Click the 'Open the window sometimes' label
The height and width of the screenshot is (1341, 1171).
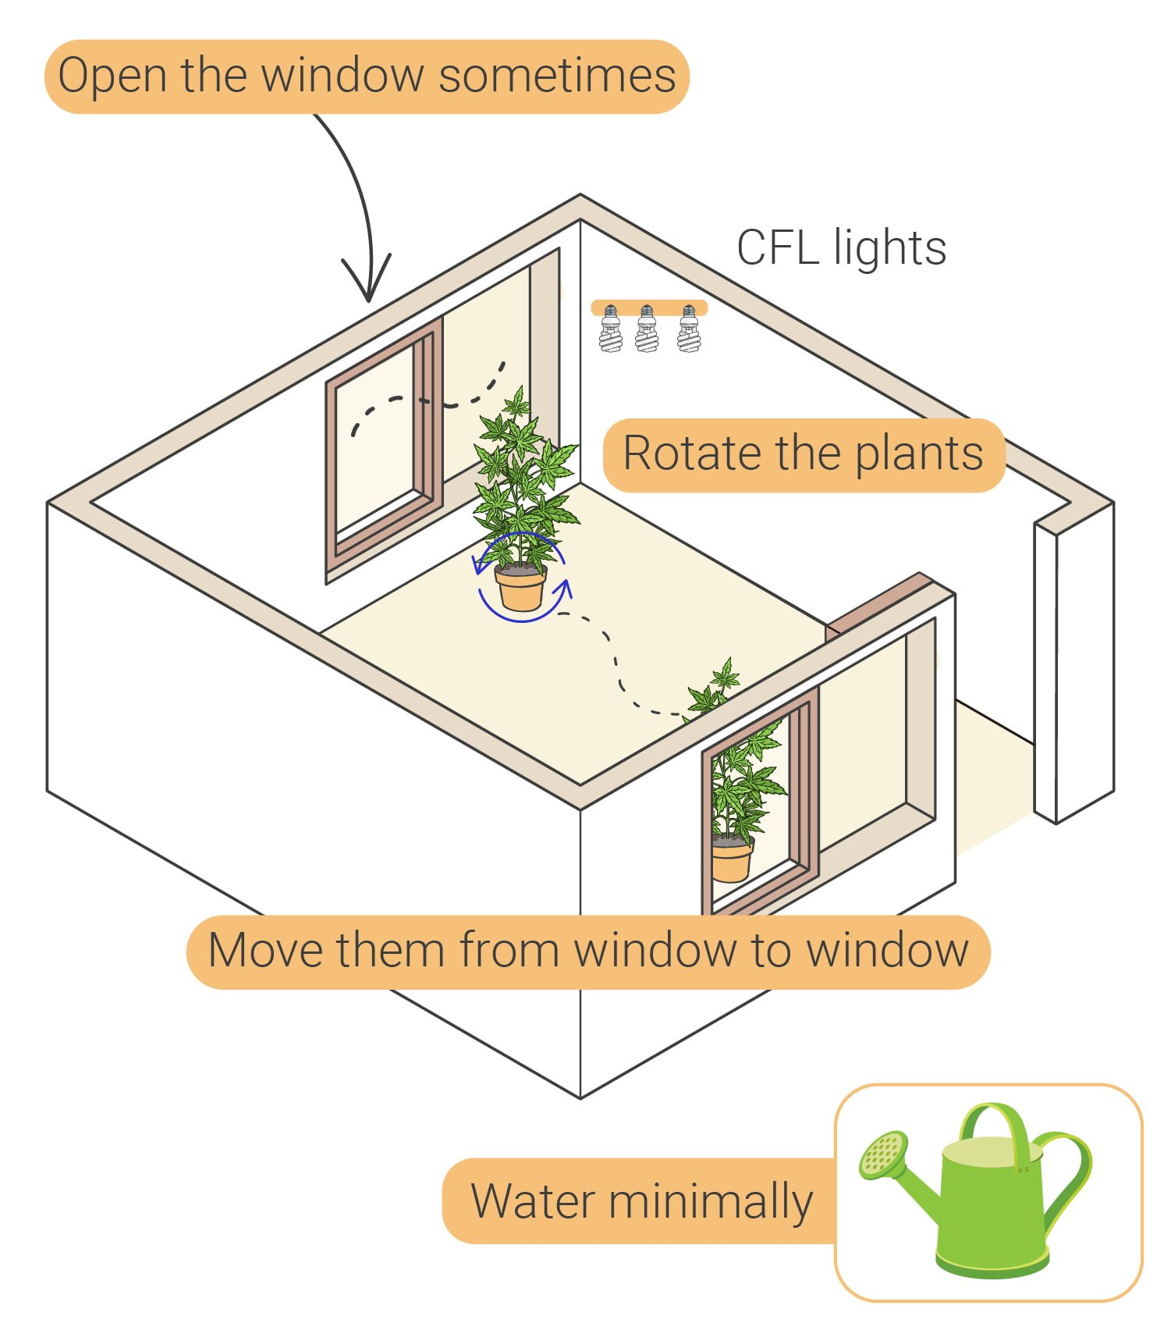[367, 76]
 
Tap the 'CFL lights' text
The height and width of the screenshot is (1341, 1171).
[841, 248]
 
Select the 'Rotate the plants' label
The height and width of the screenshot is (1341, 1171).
[803, 454]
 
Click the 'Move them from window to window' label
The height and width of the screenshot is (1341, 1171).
[588, 951]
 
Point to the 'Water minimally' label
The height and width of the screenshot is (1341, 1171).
[641, 1200]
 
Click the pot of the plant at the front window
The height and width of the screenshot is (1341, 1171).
[731, 860]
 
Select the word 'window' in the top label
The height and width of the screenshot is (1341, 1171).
[342, 76]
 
